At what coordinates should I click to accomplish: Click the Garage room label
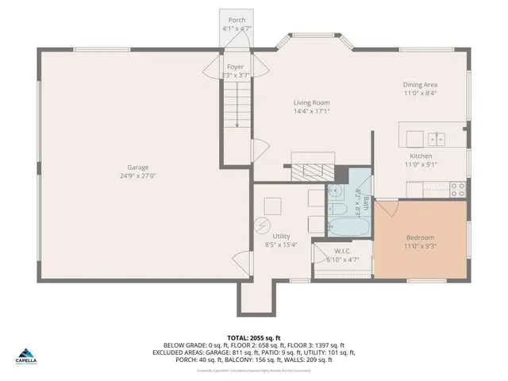(138, 167)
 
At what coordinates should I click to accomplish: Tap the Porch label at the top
(237, 20)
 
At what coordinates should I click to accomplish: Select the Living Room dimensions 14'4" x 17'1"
(312, 112)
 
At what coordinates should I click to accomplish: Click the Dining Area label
(420, 84)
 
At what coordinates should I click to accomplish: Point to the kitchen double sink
(437, 140)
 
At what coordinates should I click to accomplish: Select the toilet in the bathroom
(337, 209)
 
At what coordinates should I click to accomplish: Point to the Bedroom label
(421, 237)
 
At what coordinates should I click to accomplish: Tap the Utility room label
(281, 236)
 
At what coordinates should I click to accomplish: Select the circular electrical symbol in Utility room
(260, 225)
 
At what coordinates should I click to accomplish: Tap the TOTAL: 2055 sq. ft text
(254, 337)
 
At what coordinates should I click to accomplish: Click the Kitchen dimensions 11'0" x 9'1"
(421, 165)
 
